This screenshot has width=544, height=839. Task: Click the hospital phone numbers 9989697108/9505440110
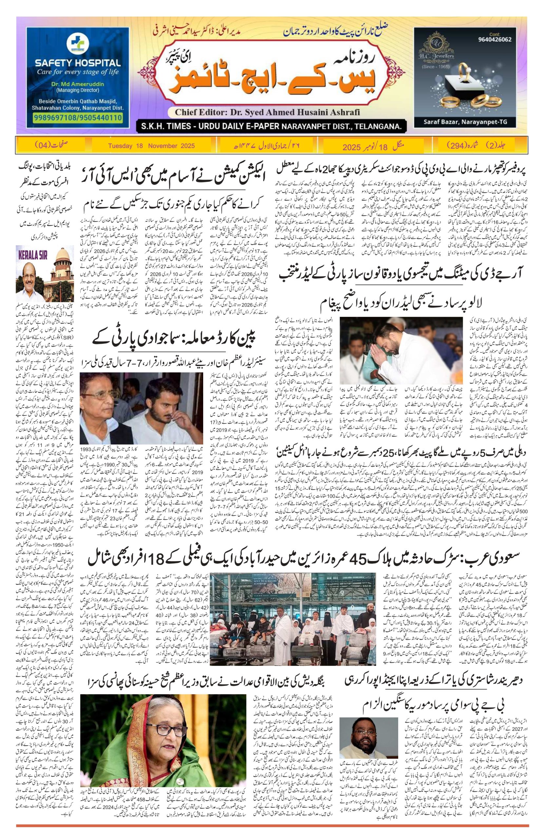(77, 117)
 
